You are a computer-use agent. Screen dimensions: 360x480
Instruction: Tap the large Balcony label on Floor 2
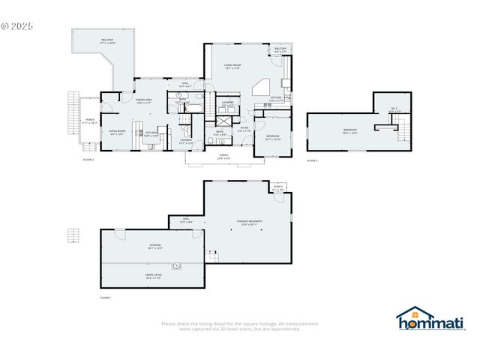click(108, 41)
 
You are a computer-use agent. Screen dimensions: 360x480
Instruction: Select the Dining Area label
click(144, 101)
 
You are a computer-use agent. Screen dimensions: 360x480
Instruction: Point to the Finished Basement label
click(249, 223)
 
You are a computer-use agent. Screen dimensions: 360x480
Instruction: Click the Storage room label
click(154, 246)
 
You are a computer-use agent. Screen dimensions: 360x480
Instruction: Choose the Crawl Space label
click(154, 276)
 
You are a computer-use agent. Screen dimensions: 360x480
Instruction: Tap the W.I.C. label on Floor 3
click(394, 109)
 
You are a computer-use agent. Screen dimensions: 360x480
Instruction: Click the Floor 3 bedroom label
click(349, 131)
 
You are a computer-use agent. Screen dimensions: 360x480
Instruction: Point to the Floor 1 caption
click(106, 298)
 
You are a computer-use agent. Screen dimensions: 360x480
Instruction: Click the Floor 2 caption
click(88, 160)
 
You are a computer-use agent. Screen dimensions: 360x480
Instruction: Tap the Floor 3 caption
click(312, 160)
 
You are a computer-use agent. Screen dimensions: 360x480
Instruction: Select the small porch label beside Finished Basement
click(278, 188)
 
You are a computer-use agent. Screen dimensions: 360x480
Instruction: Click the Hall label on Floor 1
click(186, 220)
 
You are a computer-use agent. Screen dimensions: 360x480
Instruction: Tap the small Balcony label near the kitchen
click(280, 49)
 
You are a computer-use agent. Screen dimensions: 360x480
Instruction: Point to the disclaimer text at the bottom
click(240, 325)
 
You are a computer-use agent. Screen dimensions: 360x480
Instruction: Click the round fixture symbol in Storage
click(177, 265)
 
